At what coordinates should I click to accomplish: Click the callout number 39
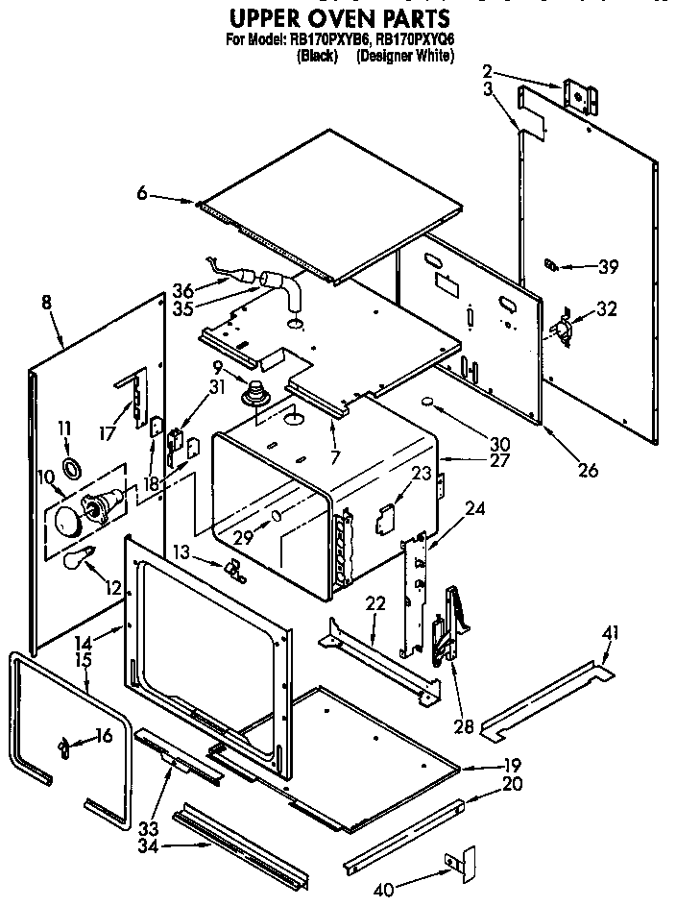click(608, 267)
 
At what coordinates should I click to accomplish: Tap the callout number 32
click(607, 308)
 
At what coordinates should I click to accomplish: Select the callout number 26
click(588, 470)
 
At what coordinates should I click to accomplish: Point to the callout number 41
click(611, 632)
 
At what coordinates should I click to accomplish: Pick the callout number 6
click(142, 194)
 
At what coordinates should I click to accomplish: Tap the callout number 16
click(104, 736)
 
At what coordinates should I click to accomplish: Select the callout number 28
click(464, 727)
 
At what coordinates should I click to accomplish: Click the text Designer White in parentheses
click(404, 56)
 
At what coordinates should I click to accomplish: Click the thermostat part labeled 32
click(559, 327)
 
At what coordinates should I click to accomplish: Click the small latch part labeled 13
click(234, 571)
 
